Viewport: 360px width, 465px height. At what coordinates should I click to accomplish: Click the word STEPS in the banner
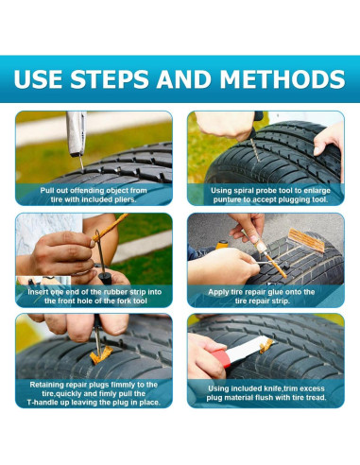click(x=109, y=78)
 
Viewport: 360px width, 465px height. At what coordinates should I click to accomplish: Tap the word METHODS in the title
click(x=283, y=78)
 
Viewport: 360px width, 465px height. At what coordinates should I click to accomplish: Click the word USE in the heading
click(x=38, y=78)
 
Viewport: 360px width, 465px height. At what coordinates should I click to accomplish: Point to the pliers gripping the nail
click(x=77, y=134)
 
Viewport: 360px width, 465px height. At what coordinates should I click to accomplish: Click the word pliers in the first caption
click(x=124, y=199)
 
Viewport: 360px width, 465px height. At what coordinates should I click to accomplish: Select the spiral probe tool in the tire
click(x=255, y=147)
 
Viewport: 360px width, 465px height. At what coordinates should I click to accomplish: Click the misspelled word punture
click(x=226, y=199)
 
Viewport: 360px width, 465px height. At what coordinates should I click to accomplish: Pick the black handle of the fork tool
click(x=105, y=278)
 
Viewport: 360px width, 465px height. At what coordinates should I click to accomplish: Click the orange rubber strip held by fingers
click(x=111, y=227)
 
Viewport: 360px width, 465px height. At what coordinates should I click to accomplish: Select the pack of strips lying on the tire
click(x=306, y=240)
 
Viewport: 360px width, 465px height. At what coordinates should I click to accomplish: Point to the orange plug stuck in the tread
click(x=100, y=355)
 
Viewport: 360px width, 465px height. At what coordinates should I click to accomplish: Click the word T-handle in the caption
click(x=42, y=403)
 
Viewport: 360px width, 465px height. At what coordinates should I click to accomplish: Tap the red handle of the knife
click(x=221, y=358)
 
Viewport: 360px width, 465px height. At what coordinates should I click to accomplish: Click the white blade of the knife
click(x=247, y=349)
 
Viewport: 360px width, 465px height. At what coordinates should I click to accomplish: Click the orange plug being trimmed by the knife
click(x=266, y=346)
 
